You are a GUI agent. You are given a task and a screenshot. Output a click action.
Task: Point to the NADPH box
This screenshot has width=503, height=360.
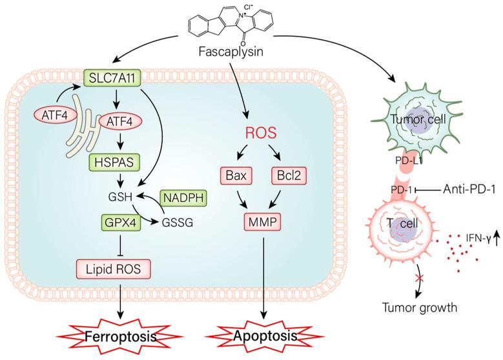tap(182, 199)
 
